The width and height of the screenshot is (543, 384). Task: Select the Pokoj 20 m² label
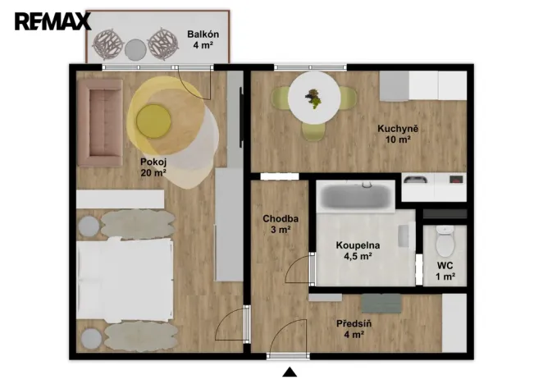pyautogui.click(x=153, y=167)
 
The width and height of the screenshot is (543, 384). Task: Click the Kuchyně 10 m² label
pyautogui.click(x=398, y=134)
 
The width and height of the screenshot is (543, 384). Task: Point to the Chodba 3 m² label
pyautogui.click(x=280, y=224)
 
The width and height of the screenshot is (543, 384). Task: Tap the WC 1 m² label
pyautogui.click(x=445, y=272)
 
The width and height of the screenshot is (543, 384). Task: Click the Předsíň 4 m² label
pyautogui.click(x=355, y=328)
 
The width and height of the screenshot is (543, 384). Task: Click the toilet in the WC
pyautogui.click(x=445, y=240)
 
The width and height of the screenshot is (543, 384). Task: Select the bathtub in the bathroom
pyautogui.click(x=355, y=196)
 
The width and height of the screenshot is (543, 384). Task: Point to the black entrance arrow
pyautogui.click(x=289, y=373)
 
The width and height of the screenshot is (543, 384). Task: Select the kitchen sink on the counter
pyautogui.click(x=416, y=180)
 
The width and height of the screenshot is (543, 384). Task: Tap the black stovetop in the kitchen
pyautogui.click(x=453, y=180)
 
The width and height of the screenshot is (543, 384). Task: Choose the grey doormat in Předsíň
pyautogui.click(x=381, y=303)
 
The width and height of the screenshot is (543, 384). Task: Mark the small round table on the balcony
pyautogui.click(x=135, y=48)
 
